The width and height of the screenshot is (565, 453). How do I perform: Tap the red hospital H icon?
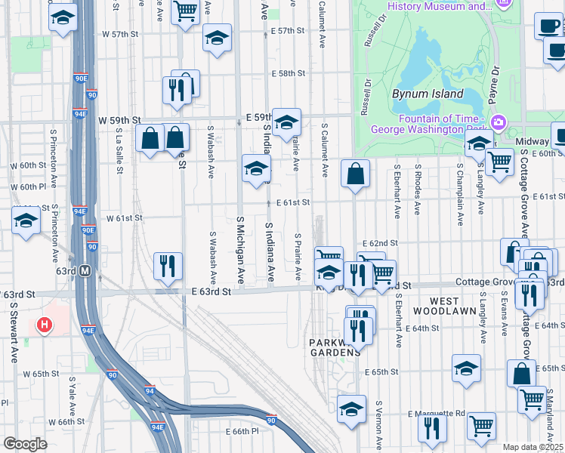click(x=45, y=326)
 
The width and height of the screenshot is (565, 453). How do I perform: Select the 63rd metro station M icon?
click(x=85, y=270)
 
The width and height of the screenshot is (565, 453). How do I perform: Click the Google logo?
click(x=25, y=444)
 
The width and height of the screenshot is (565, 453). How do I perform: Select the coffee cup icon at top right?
click(x=548, y=25)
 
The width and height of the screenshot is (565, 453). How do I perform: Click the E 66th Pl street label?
click(x=242, y=430)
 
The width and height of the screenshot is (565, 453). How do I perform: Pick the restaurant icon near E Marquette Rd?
click(x=432, y=427)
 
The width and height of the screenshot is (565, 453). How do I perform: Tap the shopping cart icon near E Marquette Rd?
click(x=480, y=425)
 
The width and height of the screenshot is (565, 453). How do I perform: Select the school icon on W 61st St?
click(x=26, y=221)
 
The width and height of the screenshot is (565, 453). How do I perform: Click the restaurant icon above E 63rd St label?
click(x=167, y=264)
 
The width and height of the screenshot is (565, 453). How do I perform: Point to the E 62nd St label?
click(x=380, y=243)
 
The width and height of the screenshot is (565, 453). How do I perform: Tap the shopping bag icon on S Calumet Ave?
click(x=355, y=174)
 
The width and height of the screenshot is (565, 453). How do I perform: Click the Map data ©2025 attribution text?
click(x=533, y=447)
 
